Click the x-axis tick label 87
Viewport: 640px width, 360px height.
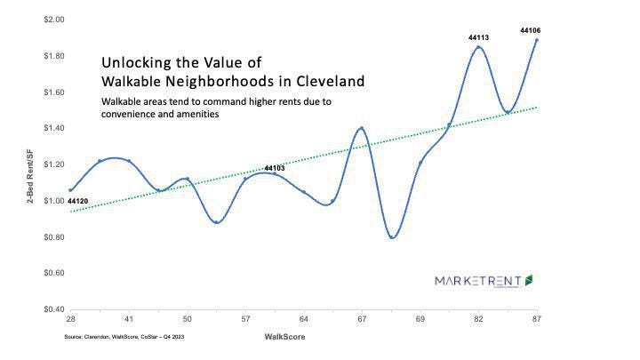(x=537, y=318)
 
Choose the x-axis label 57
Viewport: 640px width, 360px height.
(x=245, y=318)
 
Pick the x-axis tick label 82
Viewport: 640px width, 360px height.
(x=478, y=318)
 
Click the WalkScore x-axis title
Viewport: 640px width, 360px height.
(x=284, y=338)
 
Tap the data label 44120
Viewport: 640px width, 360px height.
(x=77, y=202)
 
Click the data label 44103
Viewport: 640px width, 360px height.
(x=275, y=168)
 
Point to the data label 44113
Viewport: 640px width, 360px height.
(x=478, y=38)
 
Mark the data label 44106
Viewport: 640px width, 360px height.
(x=531, y=30)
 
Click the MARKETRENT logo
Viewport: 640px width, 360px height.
(x=484, y=280)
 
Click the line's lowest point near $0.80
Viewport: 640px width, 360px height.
(x=392, y=237)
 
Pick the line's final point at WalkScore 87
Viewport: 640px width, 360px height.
(x=537, y=40)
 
